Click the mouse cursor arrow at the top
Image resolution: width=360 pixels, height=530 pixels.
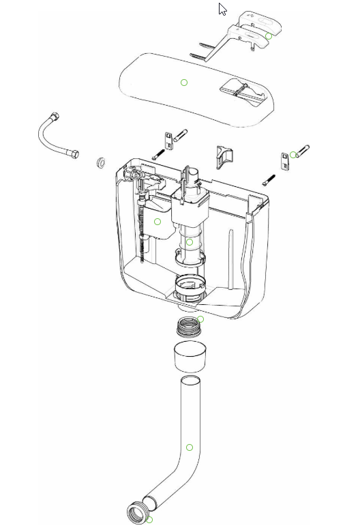pos(222,9)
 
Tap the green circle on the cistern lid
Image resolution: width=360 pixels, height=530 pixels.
pos(184,83)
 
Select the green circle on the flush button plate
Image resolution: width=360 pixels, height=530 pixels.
pos(269,35)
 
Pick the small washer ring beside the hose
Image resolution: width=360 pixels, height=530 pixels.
pos(101,162)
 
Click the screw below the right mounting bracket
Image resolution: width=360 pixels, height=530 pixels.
pos(269,181)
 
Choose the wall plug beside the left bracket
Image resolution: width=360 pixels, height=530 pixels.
pos(181,135)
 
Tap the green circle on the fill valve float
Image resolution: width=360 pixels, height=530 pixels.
pos(157,222)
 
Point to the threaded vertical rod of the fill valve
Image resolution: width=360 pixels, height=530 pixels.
pos(142,232)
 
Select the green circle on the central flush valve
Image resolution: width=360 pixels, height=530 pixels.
pos(190,241)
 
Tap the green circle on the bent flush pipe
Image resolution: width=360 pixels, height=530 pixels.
pos(190,447)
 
